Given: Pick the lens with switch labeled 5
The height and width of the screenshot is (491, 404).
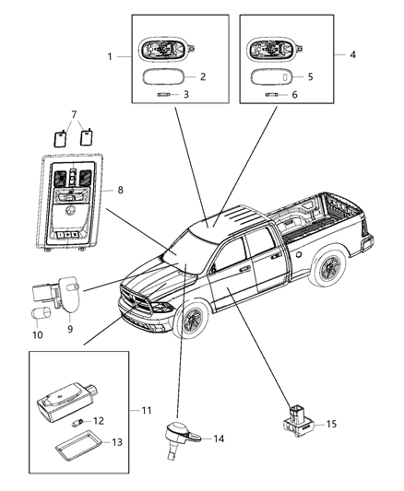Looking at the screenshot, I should pos(274,77).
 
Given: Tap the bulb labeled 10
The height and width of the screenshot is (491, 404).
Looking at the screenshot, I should pos(42,317).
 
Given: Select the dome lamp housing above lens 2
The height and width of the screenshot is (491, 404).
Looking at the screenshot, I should pos(164,52).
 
